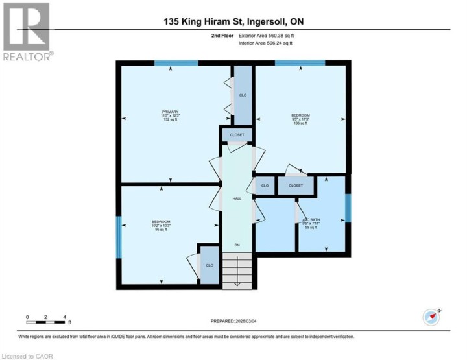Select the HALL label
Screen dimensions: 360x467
tap(237, 198)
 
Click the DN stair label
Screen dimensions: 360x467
tap(237, 245)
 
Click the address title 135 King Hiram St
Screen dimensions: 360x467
tap(234, 21)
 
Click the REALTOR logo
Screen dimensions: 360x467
tap(27, 32)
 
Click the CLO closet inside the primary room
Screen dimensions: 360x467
tap(243, 95)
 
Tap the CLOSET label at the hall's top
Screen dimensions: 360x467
tap(237, 136)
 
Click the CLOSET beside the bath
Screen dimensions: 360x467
tap(295, 186)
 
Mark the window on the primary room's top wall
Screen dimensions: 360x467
tap(176, 63)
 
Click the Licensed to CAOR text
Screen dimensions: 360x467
tap(28, 355)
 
